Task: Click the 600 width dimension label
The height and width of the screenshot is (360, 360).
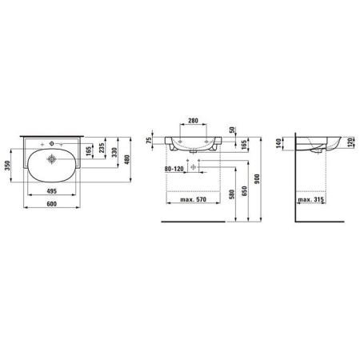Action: (51, 204)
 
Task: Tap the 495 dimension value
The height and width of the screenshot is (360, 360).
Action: (51, 191)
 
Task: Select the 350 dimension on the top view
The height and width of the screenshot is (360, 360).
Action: (7, 166)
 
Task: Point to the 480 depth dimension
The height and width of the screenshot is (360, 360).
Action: (127, 159)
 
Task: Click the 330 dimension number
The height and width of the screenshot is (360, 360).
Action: (114, 152)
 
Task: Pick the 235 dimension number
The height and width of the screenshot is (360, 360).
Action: (102, 148)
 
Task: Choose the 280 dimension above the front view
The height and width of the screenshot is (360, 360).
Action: (193, 121)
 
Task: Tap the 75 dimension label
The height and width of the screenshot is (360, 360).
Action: (149, 140)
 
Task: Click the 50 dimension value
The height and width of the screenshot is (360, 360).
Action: (232, 130)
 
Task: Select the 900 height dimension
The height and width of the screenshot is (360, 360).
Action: (257, 179)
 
